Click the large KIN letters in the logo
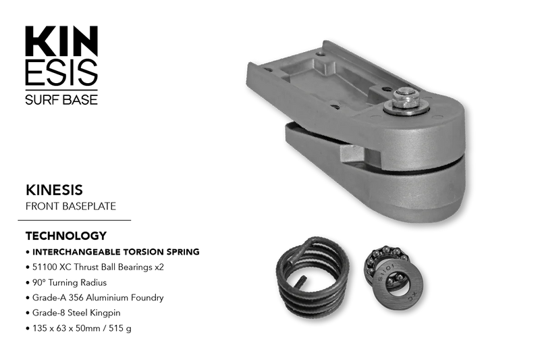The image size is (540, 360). click(61, 41)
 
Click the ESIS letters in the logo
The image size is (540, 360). click(61, 72)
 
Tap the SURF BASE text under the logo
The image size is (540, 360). click(61, 99)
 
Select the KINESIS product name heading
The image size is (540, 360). click(54, 190)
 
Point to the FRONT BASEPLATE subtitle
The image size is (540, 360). click(71, 206)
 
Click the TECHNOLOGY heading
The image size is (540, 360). click(66, 236)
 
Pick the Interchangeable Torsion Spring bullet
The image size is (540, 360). click(113, 252)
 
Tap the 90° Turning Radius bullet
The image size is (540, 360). click(66, 282)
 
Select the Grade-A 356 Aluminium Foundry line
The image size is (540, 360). click(94, 298)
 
